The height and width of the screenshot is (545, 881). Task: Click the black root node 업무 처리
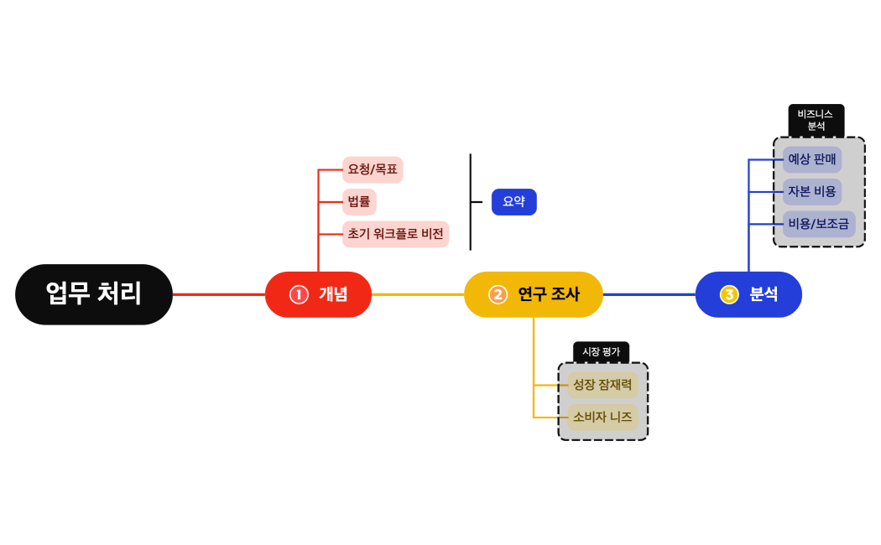pos(94,294)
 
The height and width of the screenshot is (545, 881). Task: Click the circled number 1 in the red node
pos(299,294)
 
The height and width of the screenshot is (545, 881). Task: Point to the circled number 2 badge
pos(498,294)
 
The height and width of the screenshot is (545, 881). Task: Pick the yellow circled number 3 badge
pos(729,294)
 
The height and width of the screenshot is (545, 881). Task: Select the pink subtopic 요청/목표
pos(373,169)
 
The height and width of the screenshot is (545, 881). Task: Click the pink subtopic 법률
pos(359,202)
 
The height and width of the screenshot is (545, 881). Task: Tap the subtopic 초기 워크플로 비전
pos(395,234)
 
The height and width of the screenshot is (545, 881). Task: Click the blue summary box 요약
pos(513,202)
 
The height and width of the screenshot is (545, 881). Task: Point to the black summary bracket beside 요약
pos(471,202)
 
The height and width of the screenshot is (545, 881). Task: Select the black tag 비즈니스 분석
pos(816,120)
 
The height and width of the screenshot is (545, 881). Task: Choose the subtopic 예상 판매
pos(812,159)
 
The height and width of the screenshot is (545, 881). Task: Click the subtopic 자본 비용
pos(812,191)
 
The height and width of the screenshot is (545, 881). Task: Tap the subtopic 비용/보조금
pos(819,224)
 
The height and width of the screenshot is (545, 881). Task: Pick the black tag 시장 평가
pos(601,352)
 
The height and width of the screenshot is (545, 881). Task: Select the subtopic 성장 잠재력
pos(602,386)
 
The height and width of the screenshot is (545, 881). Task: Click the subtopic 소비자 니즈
pos(602,417)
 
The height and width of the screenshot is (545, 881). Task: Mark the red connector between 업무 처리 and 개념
pos(218,294)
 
